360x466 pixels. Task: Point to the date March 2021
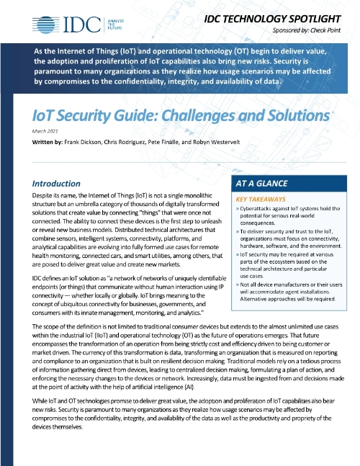click(45, 132)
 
